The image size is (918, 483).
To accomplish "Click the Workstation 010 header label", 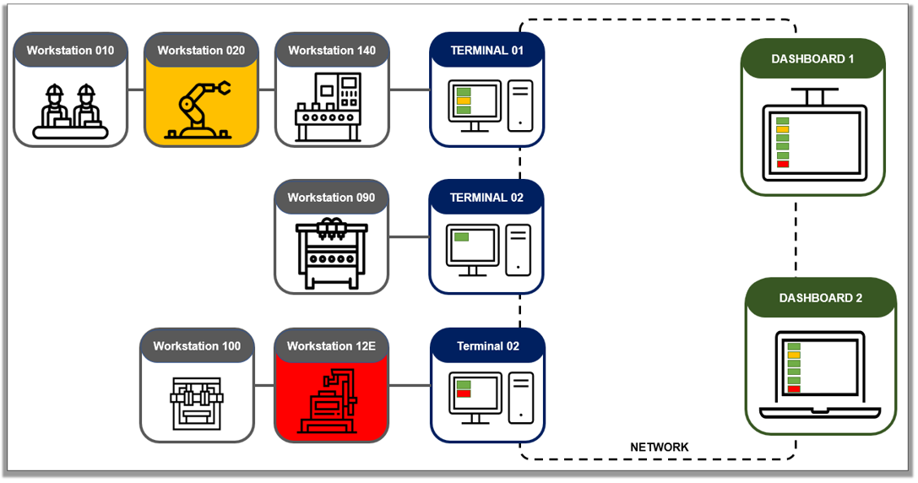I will (70, 51).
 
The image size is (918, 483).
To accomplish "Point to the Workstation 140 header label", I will (332, 51).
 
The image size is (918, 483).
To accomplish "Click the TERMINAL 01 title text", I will (486, 51).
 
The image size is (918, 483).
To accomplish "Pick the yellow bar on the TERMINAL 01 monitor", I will (463, 100).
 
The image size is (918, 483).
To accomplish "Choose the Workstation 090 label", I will (331, 198).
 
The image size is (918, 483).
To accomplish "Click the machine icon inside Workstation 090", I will (331, 253).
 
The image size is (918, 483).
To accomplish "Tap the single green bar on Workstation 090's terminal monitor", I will (461, 237).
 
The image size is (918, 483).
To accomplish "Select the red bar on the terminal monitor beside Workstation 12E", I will (463, 393).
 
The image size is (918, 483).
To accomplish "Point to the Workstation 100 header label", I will (197, 346).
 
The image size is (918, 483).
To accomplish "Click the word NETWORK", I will (660, 447).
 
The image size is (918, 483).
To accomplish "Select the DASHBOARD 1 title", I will (812, 59).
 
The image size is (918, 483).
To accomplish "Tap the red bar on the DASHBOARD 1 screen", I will (782, 164).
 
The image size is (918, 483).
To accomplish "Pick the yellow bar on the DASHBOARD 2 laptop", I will (793, 355).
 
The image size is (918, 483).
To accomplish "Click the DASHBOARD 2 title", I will (821, 298).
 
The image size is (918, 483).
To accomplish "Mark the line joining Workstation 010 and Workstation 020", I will (135, 89).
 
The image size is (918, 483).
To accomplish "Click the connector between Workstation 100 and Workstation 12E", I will (264, 385).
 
